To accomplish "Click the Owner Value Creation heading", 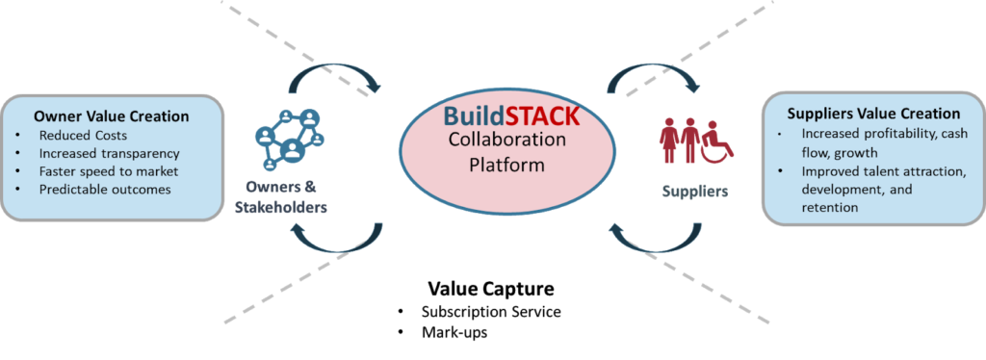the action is coord(112,116).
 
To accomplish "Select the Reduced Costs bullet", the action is coord(83,135).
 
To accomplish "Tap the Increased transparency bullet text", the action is coord(110,153).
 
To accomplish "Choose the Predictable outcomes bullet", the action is coord(105,189).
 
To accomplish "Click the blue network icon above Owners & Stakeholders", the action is coord(289,139).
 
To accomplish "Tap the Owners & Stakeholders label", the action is coord(281,197).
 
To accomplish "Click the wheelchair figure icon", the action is coord(716,141).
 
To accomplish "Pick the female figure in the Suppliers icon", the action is coord(667,141).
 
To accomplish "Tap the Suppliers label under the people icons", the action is coord(693,191).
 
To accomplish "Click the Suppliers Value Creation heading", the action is coord(873,114).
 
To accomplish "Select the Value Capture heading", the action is coord(491,289).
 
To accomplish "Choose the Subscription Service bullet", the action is coord(490,312).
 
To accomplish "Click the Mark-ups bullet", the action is coord(454,332).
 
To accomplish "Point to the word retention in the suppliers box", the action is coord(830,207).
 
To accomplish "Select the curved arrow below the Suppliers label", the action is coord(655,240).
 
